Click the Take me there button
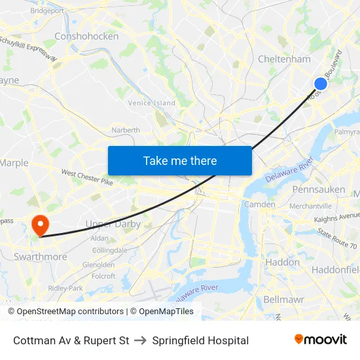click(x=180, y=160)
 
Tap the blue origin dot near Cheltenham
click(x=321, y=83)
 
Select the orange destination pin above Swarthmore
click(x=41, y=225)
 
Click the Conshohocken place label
click(x=86, y=37)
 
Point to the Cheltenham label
click(x=284, y=59)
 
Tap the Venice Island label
click(x=151, y=103)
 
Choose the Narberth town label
click(x=126, y=130)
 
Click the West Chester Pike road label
click(x=87, y=177)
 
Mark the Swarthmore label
click(x=41, y=257)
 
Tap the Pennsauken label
click(x=319, y=189)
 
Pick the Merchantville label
click(x=311, y=206)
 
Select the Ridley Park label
click(x=65, y=288)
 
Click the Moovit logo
click(x=320, y=340)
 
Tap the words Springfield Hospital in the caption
click(x=200, y=340)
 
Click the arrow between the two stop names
click(x=141, y=340)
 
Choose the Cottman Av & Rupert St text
click(x=71, y=340)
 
